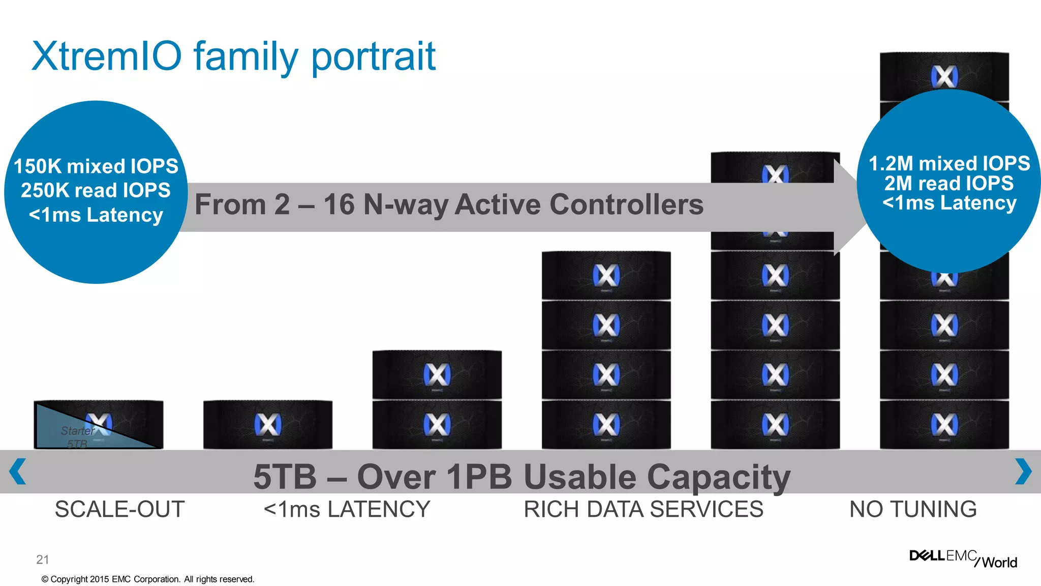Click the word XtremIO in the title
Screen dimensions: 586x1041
click(106, 56)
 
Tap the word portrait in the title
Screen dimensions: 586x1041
click(374, 57)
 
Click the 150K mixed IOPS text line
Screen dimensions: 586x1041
click(96, 166)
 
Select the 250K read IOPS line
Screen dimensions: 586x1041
click(96, 190)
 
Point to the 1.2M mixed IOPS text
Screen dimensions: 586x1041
click(949, 164)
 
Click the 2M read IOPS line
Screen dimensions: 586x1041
click(949, 183)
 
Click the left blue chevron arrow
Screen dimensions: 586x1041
click(18, 472)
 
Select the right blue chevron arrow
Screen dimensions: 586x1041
click(1023, 472)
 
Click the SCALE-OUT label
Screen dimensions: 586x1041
click(119, 509)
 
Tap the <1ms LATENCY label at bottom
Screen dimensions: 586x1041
click(347, 509)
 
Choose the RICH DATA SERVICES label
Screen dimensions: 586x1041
click(644, 509)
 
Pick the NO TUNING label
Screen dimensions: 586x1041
click(913, 509)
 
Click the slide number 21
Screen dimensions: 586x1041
click(43, 560)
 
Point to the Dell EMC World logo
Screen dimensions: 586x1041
click(963, 558)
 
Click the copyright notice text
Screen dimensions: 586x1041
click(147, 579)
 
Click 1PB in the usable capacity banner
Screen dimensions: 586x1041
click(479, 477)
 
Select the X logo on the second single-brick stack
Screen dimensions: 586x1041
click(267, 424)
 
